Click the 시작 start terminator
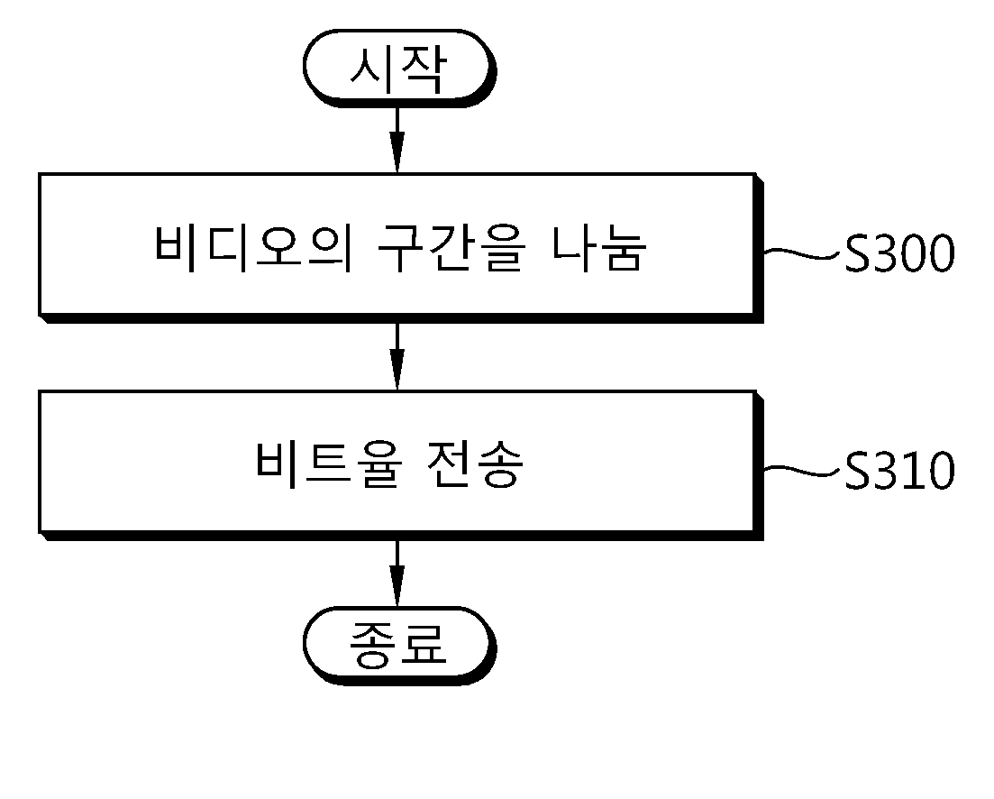click(399, 68)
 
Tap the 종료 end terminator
click(399, 646)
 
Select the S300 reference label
click(899, 253)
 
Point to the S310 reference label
click(899, 471)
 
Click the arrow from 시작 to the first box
click(397, 140)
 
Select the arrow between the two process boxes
click(397, 356)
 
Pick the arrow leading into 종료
click(397, 574)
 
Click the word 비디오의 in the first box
click(253, 248)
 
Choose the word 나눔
click(599, 248)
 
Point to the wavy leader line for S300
click(804, 253)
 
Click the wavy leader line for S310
click(804, 471)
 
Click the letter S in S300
click(857, 253)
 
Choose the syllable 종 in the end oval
click(373, 646)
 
